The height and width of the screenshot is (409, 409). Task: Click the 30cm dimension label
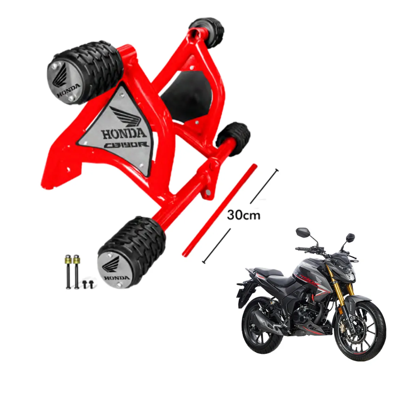pyautogui.click(x=243, y=215)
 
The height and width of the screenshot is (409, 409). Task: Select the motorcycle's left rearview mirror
pyautogui.click(x=302, y=232)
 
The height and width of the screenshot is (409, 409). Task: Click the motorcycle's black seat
pyautogui.click(x=273, y=273)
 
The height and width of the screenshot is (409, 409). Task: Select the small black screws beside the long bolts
pyautogui.click(x=88, y=284)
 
